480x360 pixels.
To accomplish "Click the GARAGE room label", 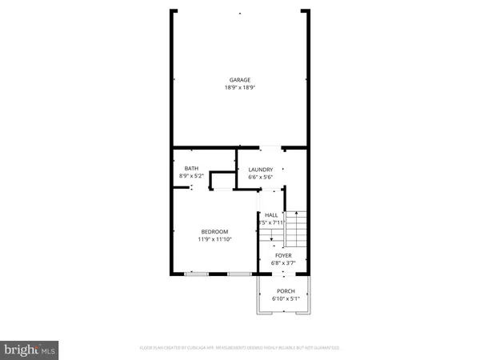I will [240, 80].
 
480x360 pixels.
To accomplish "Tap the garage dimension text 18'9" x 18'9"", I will [240, 87].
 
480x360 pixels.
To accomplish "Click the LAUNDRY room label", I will [261, 170].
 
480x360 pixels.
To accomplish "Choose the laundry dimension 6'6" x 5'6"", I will [261, 177].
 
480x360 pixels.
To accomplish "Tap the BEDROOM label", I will [214, 232].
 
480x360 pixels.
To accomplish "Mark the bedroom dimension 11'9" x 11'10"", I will [214, 239].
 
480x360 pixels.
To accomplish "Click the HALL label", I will [271, 215].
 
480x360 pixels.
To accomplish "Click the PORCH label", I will [286, 291].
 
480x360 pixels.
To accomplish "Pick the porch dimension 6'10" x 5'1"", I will [286, 298].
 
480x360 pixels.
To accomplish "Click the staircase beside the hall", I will [296, 228].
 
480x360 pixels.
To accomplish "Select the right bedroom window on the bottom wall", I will [238, 274].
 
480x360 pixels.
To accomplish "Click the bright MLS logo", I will [30, 350].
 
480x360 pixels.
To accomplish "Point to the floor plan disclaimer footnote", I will [240, 348].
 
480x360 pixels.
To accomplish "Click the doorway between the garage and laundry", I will [270, 147].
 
